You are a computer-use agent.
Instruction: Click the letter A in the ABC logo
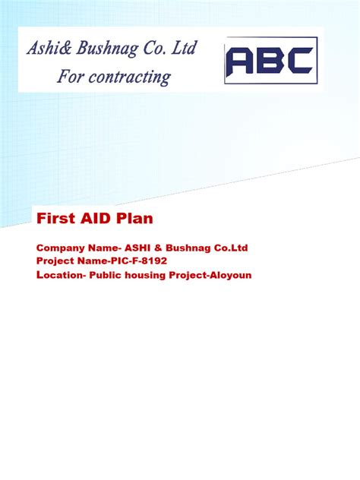[242, 62]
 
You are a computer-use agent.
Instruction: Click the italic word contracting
[127, 77]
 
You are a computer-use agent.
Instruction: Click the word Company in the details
[58, 248]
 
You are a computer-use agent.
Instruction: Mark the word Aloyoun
[229, 275]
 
